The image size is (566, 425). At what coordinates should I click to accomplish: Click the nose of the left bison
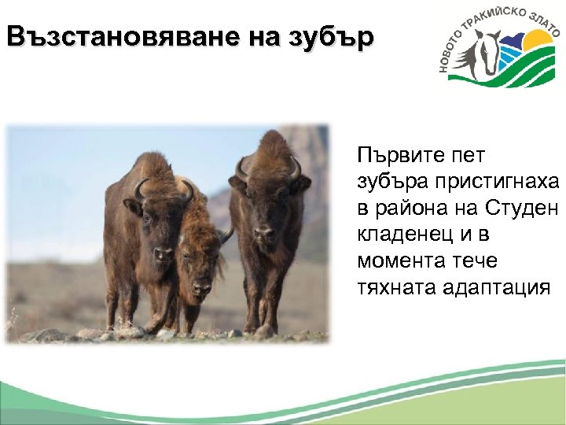coord(164,253)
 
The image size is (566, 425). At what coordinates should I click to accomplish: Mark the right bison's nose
coord(266,234)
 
